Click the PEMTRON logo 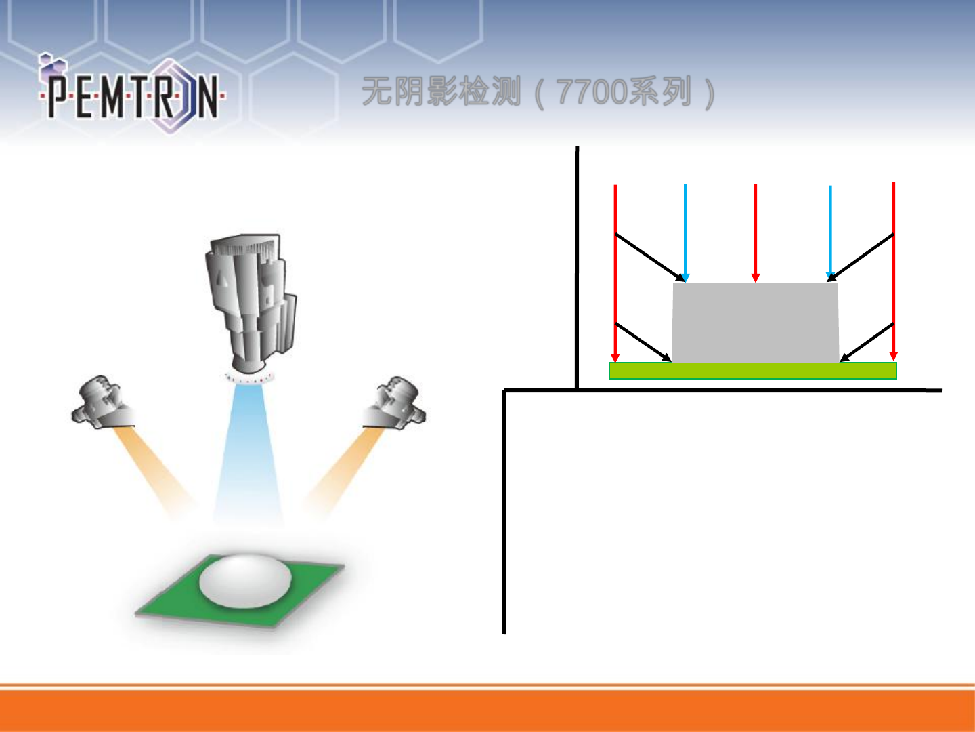point(132,95)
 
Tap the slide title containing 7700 point(538,92)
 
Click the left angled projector point(102,403)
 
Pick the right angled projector point(396,403)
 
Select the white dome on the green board point(245,580)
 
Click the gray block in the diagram point(755,323)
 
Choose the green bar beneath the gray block point(752,371)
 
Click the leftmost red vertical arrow point(615,271)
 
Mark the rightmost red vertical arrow point(894,271)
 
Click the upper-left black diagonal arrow point(650,258)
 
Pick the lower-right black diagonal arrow point(867,342)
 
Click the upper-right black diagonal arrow point(861,258)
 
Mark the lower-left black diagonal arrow point(643,342)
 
